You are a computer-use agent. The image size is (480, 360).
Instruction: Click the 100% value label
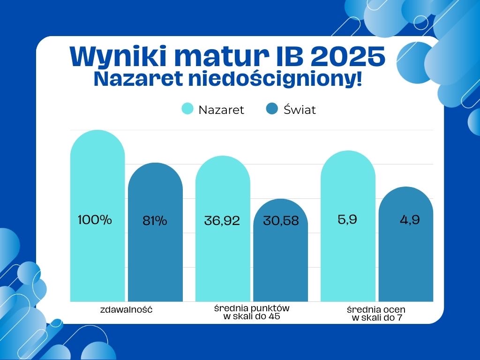tap(95, 220)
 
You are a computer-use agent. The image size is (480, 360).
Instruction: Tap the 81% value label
tap(155, 221)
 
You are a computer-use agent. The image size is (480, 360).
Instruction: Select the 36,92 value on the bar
tap(222, 221)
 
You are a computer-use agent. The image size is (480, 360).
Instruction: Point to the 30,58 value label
tap(281, 221)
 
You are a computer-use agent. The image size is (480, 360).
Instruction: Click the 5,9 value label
tap(347, 219)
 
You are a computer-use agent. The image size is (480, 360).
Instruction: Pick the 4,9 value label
tap(410, 220)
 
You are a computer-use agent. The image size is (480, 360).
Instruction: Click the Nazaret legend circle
tap(187, 109)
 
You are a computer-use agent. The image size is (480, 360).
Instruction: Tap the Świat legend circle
tap(272, 109)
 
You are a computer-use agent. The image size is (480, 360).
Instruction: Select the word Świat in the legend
tap(300, 110)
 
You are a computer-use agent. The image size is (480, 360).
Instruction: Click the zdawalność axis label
tap(127, 309)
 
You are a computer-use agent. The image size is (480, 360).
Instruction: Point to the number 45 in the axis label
tap(274, 316)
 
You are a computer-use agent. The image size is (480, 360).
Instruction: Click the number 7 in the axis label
tap(399, 318)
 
